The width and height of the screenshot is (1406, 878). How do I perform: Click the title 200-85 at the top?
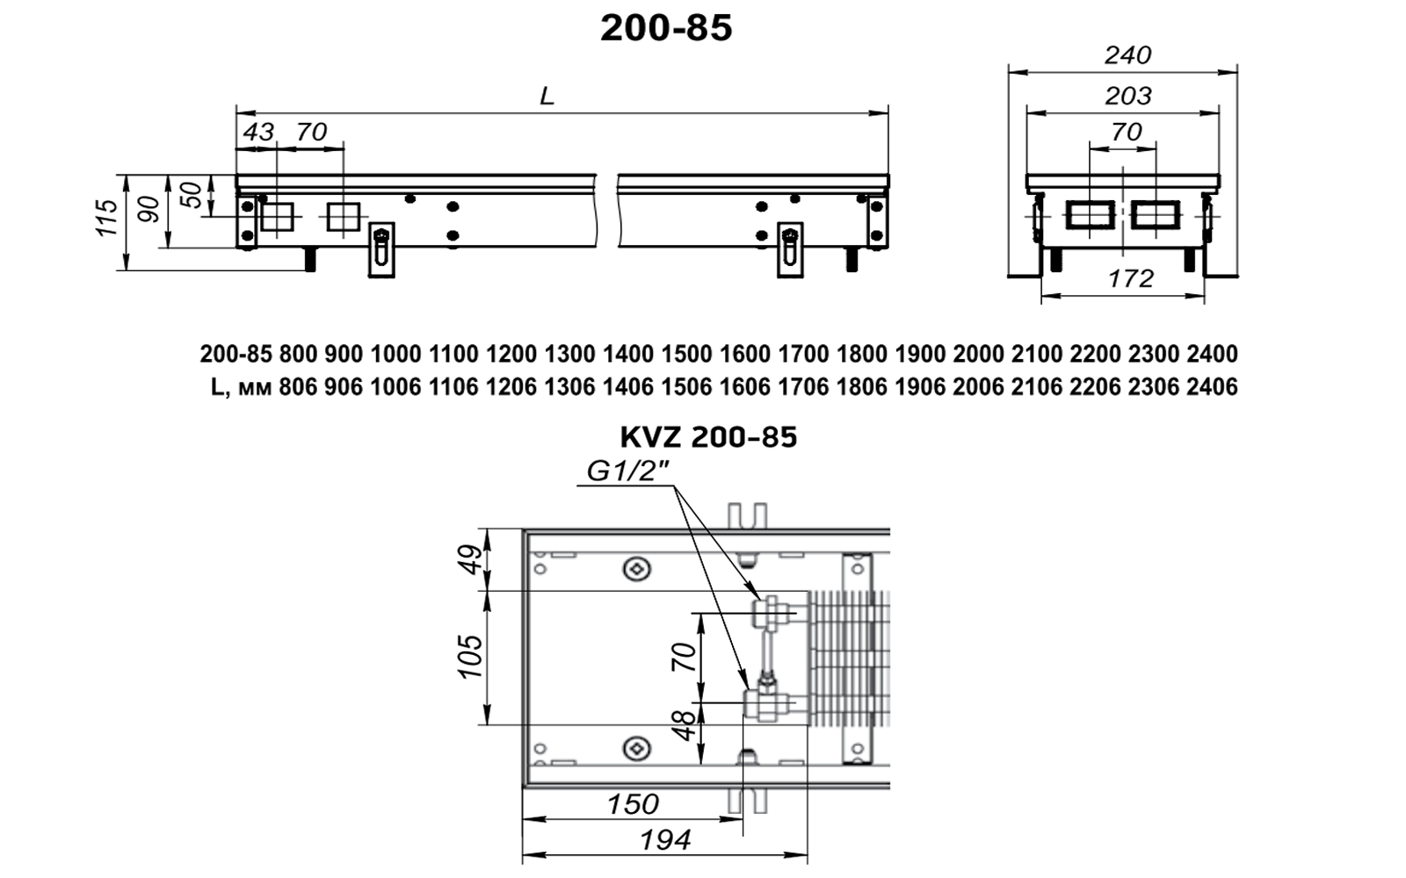(x=666, y=28)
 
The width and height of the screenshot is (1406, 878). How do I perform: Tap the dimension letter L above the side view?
(x=547, y=97)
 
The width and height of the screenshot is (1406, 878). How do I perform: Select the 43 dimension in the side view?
(x=257, y=132)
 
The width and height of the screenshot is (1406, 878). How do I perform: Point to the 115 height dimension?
(x=106, y=218)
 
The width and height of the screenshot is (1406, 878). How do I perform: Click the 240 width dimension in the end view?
(x=1127, y=55)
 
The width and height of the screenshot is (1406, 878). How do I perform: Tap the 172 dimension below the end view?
(x=1130, y=278)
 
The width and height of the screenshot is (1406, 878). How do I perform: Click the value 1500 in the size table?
(x=686, y=354)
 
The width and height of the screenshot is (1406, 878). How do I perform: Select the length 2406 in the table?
(x=1212, y=386)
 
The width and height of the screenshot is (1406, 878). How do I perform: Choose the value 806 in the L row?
(x=298, y=386)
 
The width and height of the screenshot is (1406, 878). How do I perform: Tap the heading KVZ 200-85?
(x=708, y=437)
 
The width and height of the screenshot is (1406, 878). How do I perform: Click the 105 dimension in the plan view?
(x=470, y=656)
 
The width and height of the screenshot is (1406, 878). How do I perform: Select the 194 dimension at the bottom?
(x=665, y=840)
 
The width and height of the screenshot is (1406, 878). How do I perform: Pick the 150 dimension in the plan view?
(x=633, y=804)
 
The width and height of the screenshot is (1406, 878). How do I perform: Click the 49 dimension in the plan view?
(x=470, y=559)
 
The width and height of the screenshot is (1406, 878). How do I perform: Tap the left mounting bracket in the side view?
(x=381, y=250)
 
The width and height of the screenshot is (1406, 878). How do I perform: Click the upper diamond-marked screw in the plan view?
(x=636, y=569)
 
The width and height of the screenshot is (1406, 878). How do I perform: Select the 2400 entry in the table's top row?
(x=1212, y=354)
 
